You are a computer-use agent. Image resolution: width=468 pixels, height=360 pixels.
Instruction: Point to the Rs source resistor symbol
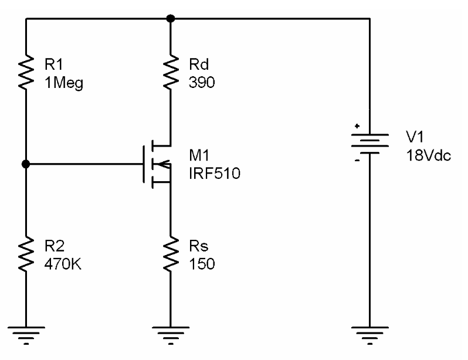coord(170,254)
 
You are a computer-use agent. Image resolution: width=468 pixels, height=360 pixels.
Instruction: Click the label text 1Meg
coord(64,83)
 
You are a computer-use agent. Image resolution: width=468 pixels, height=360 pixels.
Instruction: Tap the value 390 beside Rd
coord(202,83)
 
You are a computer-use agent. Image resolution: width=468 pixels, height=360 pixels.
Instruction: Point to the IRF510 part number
coord(214,174)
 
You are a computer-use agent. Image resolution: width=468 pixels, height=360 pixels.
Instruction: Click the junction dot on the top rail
coord(170,18)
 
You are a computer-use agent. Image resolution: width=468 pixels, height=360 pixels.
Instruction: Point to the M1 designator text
coord(199,155)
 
